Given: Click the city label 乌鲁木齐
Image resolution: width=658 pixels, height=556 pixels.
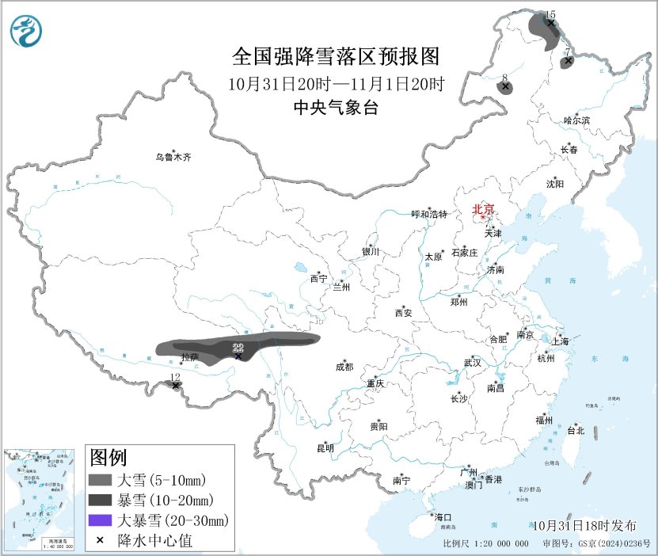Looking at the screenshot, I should pyautogui.click(x=173, y=157).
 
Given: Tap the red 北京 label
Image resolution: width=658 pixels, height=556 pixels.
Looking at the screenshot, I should pyautogui.click(x=483, y=210).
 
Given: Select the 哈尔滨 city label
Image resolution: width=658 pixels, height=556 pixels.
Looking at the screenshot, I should pyautogui.click(x=576, y=120).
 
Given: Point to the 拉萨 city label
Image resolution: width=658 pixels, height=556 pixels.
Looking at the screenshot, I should pyautogui.click(x=189, y=357).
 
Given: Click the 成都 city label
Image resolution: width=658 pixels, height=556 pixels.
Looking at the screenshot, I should pyautogui.click(x=345, y=367).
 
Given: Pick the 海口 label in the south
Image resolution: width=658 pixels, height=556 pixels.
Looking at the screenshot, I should pyautogui.click(x=443, y=517).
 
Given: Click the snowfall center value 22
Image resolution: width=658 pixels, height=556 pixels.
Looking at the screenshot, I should pyautogui.click(x=238, y=348).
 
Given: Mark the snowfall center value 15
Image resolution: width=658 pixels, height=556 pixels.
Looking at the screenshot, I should pyautogui.click(x=550, y=14).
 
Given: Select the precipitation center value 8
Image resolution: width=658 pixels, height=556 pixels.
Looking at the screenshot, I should pyautogui.click(x=504, y=78).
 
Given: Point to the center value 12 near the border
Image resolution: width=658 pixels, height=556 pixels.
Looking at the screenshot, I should pyautogui.click(x=175, y=377).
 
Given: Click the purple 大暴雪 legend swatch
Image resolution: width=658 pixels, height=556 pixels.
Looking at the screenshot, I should pyautogui.click(x=101, y=520).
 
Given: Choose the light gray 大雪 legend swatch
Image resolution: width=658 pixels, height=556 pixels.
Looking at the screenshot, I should pyautogui.click(x=101, y=480).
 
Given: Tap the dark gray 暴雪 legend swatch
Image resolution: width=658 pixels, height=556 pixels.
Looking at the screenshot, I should pyautogui.click(x=101, y=500).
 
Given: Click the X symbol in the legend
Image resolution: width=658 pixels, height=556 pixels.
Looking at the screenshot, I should pyautogui.click(x=101, y=540).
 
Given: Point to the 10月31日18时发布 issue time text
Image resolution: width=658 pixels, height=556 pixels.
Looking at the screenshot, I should pyautogui.click(x=584, y=525).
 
